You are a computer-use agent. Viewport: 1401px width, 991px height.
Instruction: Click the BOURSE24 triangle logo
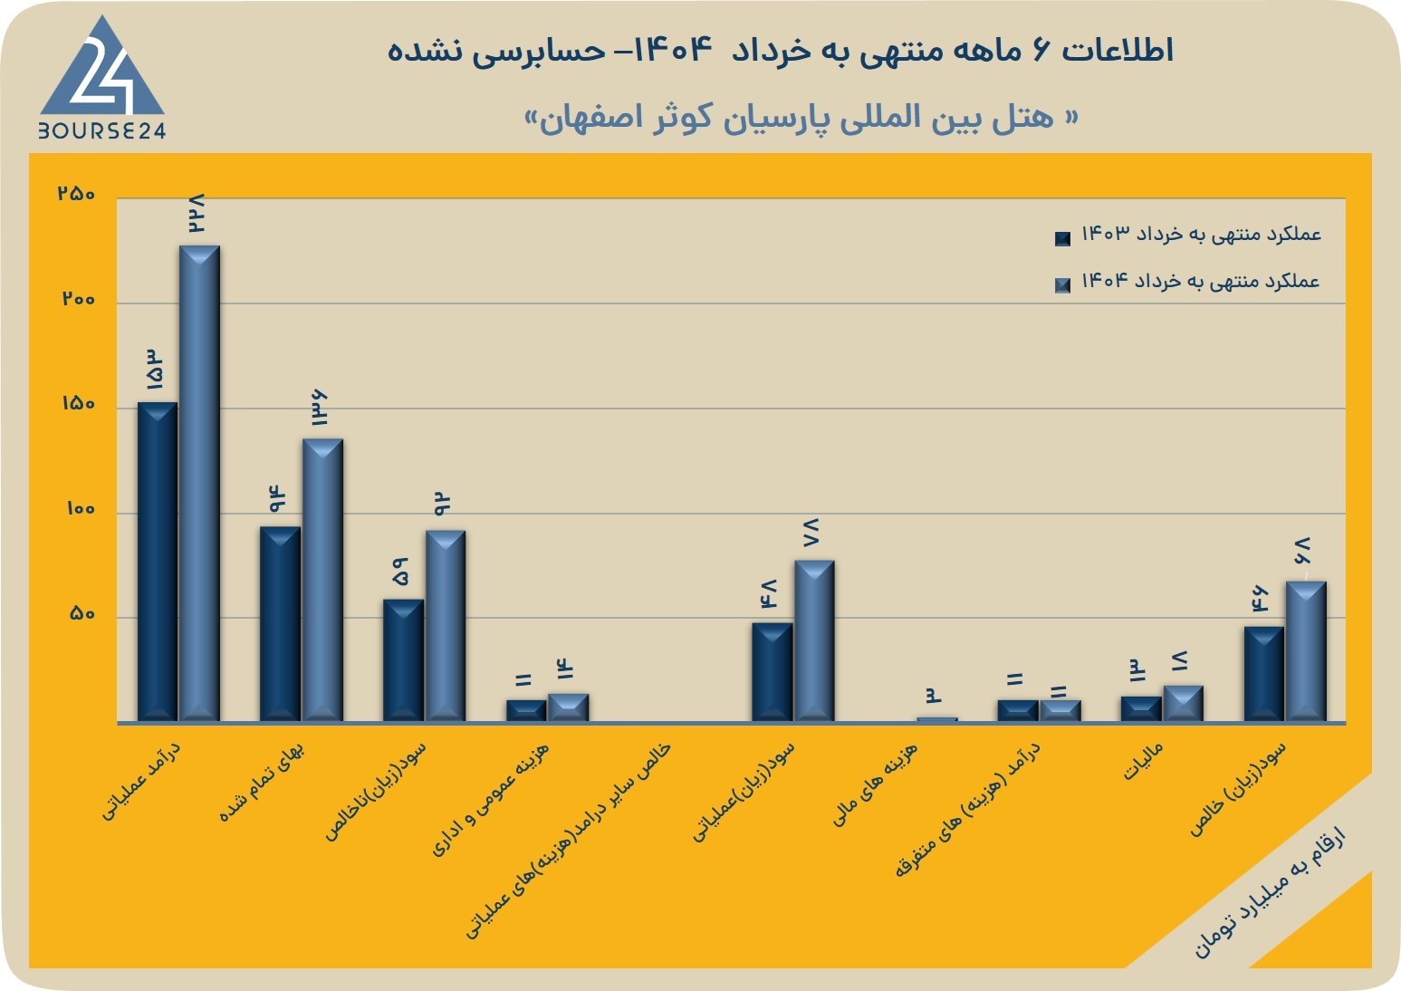pyautogui.click(x=102, y=76)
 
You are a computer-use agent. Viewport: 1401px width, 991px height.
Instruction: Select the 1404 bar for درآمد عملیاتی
pyautogui.click(x=199, y=484)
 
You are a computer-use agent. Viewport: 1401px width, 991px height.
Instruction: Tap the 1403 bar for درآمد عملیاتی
pyautogui.click(x=158, y=562)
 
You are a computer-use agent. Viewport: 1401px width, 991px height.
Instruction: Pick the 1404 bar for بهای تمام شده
pyautogui.click(x=322, y=580)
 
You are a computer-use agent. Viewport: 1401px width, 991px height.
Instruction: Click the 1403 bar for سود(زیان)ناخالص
pyautogui.click(x=403, y=660)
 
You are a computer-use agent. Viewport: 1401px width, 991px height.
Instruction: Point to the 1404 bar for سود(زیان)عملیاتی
pyautogui.click(x=814, y=641)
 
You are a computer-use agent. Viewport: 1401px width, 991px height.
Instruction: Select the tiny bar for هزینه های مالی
pyautogui.click(x=937, y=719)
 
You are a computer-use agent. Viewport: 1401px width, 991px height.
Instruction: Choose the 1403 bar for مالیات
pyautogui.click(x=1141, y=709)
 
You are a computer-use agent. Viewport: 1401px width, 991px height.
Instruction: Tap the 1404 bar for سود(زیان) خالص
pyautogui.click(x=1306, y=652)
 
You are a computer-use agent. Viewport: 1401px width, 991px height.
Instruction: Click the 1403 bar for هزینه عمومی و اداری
pyautogui.click(x=526, y=711)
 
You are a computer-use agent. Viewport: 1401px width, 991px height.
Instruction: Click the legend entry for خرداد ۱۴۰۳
pyautogui.click(x=1187, y=236)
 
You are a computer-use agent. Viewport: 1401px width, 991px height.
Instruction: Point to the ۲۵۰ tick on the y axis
pyautogui.click(x=76, y=194)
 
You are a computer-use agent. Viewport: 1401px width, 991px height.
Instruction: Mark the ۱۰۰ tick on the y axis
pyautogui.click(x=81, y=509)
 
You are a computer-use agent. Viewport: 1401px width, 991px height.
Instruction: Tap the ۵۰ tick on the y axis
pyautogui.click(x=82, y=614)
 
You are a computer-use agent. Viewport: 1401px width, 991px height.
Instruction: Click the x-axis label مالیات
pyautogui.click(x=1143, y=761)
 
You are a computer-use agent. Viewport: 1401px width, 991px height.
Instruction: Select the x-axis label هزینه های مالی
pyautogui.click(x=874, y=784)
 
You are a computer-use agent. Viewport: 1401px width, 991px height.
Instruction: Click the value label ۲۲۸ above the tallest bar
pyautogui.click(x=196, y=214)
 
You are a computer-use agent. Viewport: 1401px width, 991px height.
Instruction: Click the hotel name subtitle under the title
pyautogui.click(x=801, y=118)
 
